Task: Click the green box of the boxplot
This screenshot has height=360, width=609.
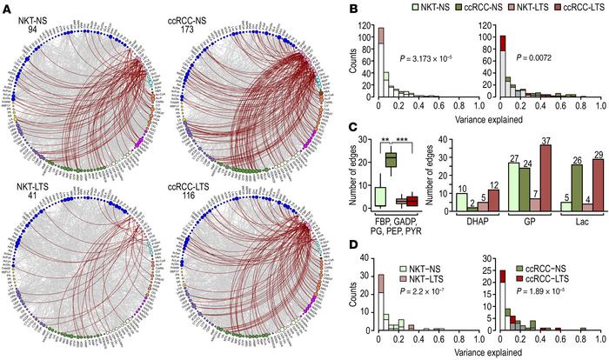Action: (391, 158)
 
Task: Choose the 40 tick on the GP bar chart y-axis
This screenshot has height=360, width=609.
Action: (447, 141)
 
